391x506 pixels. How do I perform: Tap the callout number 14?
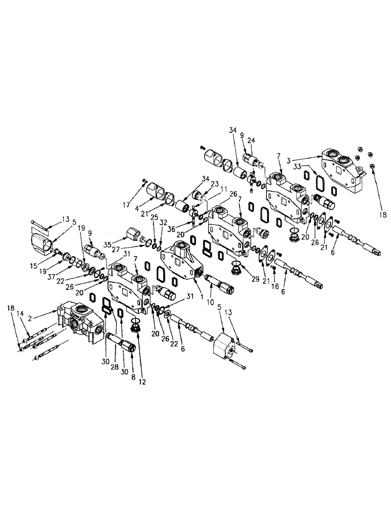pyautogui.click(x=20, y=314)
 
